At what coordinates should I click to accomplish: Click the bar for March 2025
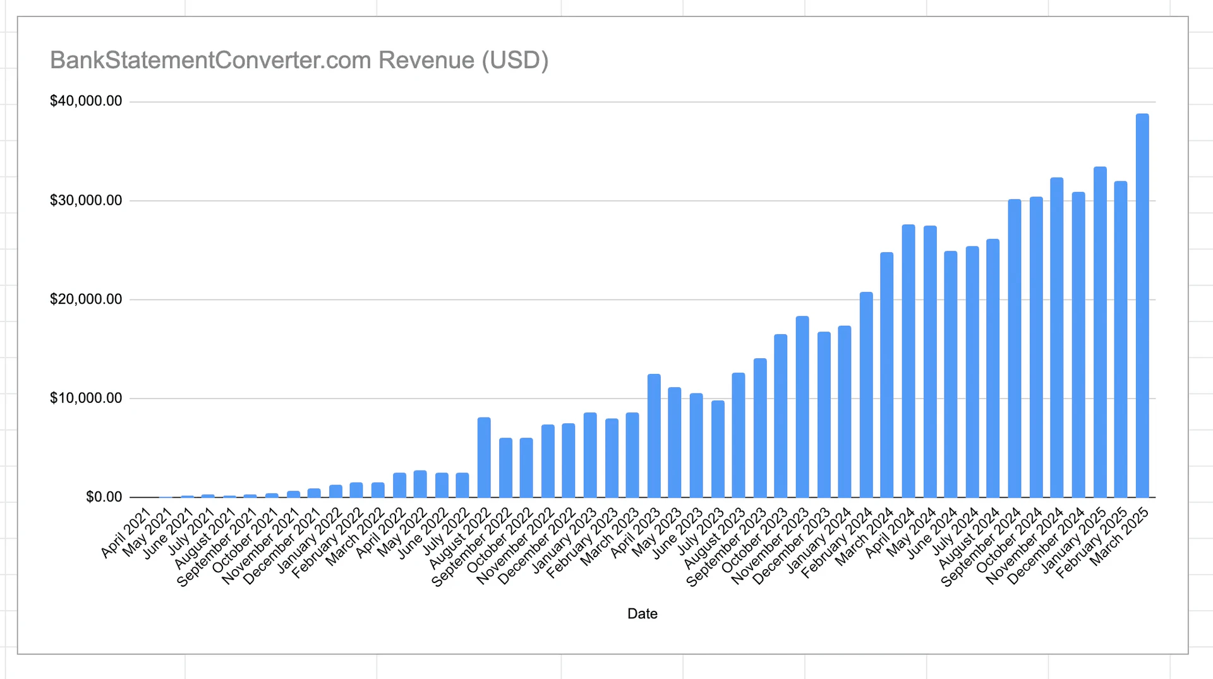(1142, 306)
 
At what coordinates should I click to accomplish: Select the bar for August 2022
(484, 457)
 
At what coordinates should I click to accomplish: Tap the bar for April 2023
(654, 436)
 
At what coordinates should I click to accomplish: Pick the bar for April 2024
(908, 361)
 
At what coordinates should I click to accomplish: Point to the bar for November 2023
(802, 407)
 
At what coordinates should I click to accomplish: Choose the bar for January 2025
(1100, 332)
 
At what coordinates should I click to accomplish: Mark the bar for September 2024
(1015, 348)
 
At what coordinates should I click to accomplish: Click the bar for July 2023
(718, 449)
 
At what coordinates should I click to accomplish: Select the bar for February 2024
(866, 395)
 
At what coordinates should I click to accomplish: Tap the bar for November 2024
(1057, 337)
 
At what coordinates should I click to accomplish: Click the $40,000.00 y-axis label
(86, 101)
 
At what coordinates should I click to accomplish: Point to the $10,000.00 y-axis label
(86, 398)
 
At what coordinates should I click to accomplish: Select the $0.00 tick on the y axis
(104, 497)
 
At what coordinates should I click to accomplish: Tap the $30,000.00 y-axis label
(86, 200)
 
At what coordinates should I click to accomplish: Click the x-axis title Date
(642, 614)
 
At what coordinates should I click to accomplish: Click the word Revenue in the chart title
(426, 60)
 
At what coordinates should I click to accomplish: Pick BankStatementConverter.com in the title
(210, 60)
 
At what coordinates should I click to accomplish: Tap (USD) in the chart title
(515, 60)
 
